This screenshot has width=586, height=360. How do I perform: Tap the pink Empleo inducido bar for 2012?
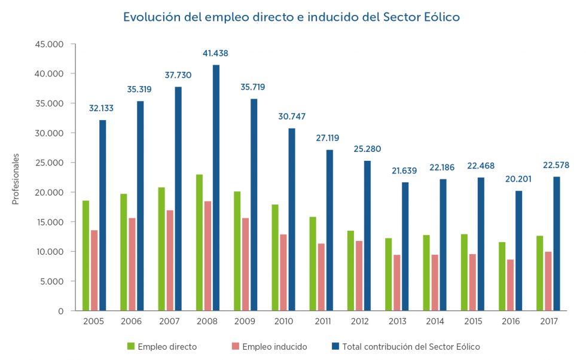point(358,276)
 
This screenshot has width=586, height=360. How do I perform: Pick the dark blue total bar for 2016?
point(518,251)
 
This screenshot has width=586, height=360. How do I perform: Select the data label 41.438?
point(215,53)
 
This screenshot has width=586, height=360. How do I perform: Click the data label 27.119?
point(329,138)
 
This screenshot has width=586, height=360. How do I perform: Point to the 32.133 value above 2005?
point(102,108)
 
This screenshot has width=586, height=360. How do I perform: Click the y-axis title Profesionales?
point(16,179)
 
